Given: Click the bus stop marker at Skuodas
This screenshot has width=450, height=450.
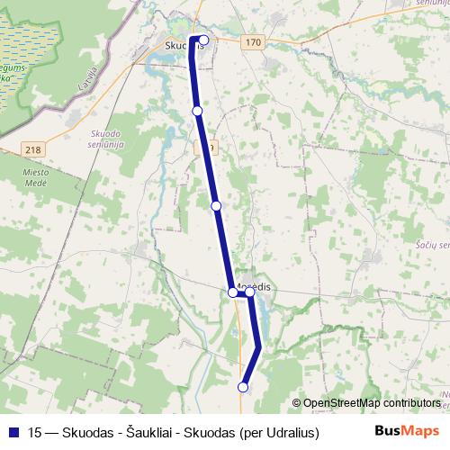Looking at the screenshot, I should pyautogui.click(x=204, y=40).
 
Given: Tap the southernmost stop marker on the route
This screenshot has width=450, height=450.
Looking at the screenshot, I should pyautogui.click(x=243, y=387).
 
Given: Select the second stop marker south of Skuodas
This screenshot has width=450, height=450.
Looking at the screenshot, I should pyautogui.click(x=216, y=206).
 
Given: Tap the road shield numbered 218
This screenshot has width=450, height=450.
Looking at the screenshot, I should pyautogui.click(x=33, y=150).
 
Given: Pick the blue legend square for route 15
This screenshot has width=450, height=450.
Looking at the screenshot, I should pyautogui.click(x=13, y=432).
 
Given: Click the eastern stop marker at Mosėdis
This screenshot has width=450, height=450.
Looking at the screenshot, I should pyautogui.click(x=250, y=292).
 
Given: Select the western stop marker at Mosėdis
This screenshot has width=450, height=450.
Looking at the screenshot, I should pyautogui.click(x=233, y=292).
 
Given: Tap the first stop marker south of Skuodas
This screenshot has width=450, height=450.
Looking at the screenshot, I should pyautogui.click(x=197, y=111).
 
